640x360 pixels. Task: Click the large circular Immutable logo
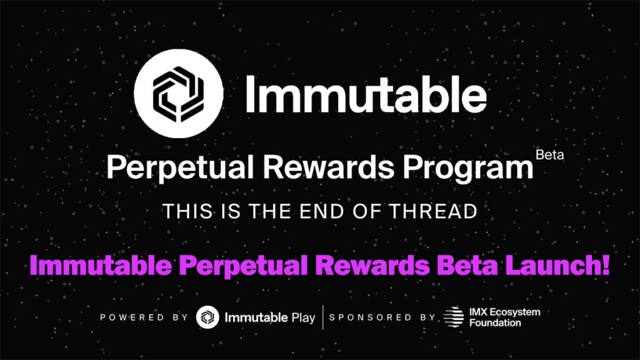click(178, 94)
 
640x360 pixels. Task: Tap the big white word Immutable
click(366, 94)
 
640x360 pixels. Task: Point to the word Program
click(468, 168)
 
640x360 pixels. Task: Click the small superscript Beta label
click(550, 155)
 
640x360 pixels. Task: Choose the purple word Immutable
click(101, 265)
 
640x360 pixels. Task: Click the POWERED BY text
click(144, 317)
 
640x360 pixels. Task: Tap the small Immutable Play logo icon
click(207, 317)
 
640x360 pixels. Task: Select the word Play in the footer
click(303, 318)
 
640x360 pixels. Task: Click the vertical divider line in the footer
click(323, 317)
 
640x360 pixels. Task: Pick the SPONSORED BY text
click(382, 317)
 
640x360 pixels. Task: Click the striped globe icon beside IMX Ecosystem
click(454, 317)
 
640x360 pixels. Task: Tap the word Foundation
click(495, 323)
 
